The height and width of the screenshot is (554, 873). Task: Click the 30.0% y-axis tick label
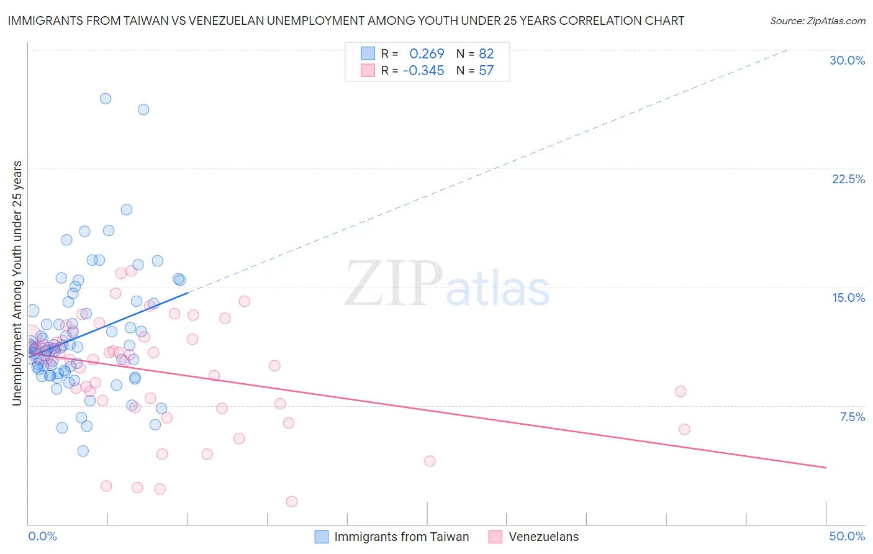pyautogui.click(x=847, y=60)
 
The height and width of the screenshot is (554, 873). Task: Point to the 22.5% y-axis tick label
pyautogui.click(x=848, y=179)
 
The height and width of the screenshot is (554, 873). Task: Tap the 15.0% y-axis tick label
pyautogui.click(x=848, y=297)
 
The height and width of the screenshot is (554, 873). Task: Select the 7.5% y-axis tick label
pyautogui.click(x=852, y=417)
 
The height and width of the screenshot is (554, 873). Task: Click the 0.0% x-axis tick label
pyautogui.click(x=42, y=536)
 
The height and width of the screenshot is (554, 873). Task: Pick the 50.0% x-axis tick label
pyautogui.click(x=847, y=536)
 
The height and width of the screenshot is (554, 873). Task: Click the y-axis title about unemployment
pyautogui.click(x=17, y=283)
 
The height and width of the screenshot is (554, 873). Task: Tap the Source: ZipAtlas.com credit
pyautogui.click(x=817, y=20)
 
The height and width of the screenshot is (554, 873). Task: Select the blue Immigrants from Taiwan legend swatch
pyautogui.click(x=321, y=537)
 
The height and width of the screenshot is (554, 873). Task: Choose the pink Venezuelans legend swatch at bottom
pyautogui.click(x=495, y=537)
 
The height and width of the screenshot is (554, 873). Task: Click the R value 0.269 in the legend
pyautogui.click(x=427, y=54)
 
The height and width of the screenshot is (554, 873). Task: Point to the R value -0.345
pyautogui.click(x=423, y=70)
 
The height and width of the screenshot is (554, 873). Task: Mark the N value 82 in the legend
pyautogui.click(x=486, y=54)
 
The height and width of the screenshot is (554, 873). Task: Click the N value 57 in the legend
pyautogui.click(x=486, y=70)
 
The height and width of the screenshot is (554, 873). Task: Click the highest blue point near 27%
pyautogui.click(x=106, y=99)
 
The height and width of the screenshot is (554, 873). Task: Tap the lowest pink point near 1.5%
pyautogui.click(x=291, y=501)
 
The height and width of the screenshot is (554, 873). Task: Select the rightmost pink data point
pyautogui.click(x=684, y=429)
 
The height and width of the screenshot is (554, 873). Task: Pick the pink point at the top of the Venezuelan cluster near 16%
pyautogui.click(x=131, y=271)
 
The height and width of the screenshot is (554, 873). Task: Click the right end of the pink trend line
pyautogui.click(x=826, y=467)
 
